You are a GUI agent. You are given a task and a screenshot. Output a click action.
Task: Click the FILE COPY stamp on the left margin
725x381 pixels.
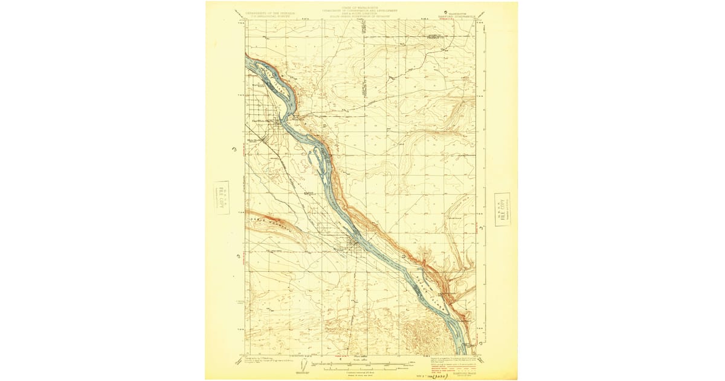pos(222,197)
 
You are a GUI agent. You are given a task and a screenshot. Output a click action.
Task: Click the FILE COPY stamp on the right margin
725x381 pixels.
pos(501,209)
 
